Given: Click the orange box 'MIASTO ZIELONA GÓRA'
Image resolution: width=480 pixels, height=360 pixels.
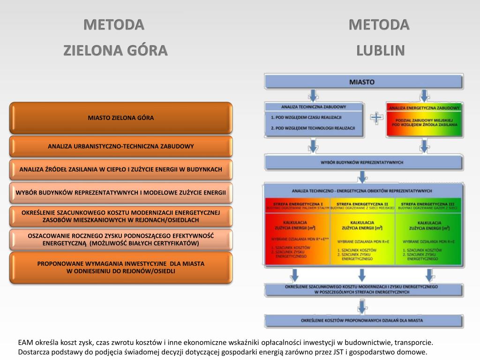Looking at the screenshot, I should (x=121, y=118).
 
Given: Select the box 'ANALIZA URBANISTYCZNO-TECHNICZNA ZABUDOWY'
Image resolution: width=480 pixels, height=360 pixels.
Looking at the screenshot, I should (x=121, y=146).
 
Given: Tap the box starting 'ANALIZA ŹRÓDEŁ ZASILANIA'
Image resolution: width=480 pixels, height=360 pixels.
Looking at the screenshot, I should (x=121, y=169).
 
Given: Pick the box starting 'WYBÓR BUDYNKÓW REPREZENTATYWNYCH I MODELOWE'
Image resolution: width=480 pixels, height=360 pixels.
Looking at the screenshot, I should (x=121, y=193).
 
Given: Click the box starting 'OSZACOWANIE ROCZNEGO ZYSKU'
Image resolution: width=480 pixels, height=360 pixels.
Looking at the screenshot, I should (x=121, y=240).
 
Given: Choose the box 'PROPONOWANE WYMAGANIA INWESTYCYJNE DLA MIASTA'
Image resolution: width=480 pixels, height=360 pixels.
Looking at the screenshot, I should (x=121, y=267).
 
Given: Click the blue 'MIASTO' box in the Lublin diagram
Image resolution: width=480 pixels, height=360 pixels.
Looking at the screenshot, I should (x=362, y=82).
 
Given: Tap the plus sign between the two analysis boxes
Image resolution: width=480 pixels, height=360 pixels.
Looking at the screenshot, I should (x=375, y=118).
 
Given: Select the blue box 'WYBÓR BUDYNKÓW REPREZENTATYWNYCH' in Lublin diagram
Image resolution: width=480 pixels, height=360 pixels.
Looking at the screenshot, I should (x=362, y=162).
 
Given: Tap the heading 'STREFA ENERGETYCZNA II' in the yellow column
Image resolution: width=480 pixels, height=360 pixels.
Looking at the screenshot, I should (x=363, y=204).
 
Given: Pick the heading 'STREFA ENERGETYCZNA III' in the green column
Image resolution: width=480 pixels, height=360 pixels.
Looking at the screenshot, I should (x=428, y=204).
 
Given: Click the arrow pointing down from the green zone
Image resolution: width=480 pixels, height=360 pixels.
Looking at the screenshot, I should (x=428, y=274).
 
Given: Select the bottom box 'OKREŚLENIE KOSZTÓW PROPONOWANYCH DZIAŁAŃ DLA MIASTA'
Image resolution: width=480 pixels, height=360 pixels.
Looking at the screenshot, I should (x=362, y=321).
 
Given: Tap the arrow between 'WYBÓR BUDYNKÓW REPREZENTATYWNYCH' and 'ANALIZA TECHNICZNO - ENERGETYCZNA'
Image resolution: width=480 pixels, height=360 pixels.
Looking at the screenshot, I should (x=362, y=177).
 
